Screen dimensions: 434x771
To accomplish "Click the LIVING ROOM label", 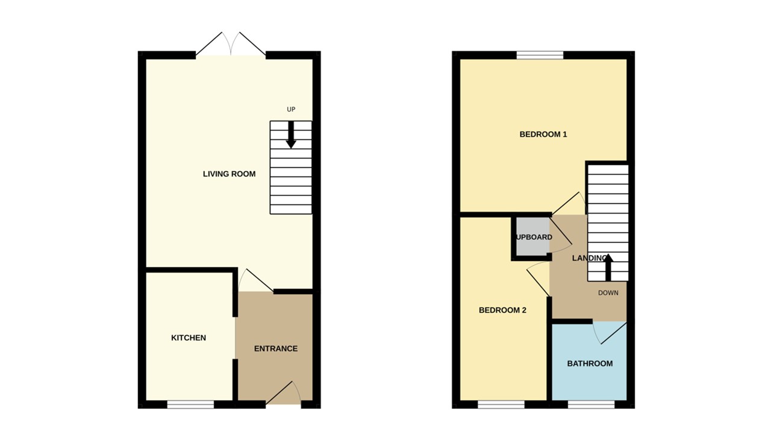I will coord(229,174).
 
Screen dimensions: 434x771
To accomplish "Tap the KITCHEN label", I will coord(189,338).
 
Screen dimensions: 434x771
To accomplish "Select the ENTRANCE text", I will coord(275,348).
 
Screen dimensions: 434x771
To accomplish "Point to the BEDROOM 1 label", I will coord(543,134).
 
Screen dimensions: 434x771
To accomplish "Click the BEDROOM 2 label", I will coord(502,310).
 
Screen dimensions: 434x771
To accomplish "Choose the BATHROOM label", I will coord(590,363).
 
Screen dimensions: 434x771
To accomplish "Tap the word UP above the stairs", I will coord(291,110).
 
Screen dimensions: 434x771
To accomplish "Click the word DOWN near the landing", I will coord(608,294).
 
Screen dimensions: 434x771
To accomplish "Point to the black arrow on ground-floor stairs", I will coord(291,135).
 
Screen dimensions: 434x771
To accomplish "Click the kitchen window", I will coord(190,404).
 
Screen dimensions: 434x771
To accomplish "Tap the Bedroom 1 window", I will coord(540,55).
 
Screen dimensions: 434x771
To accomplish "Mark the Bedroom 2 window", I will coord(501,404).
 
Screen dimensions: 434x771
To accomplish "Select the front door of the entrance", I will coord(283,395).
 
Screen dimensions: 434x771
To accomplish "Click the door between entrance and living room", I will coord(256,281).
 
